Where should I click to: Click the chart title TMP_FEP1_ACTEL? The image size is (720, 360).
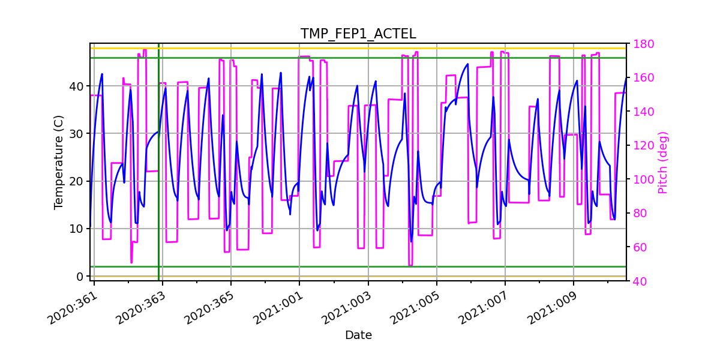coord(358,34)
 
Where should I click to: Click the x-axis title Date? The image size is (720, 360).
coord(358,335)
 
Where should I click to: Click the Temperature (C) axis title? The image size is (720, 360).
coord(59,162)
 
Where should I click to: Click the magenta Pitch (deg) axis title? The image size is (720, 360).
coord(662,162)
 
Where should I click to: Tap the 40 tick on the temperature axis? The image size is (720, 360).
coord(76,86)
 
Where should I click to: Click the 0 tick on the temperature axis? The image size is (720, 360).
coord(80,276)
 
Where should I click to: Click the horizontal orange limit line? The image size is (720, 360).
coord(360,48)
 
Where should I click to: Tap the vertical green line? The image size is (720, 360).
coord(158,180)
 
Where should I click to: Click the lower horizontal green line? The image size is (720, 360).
coord(360,266)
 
